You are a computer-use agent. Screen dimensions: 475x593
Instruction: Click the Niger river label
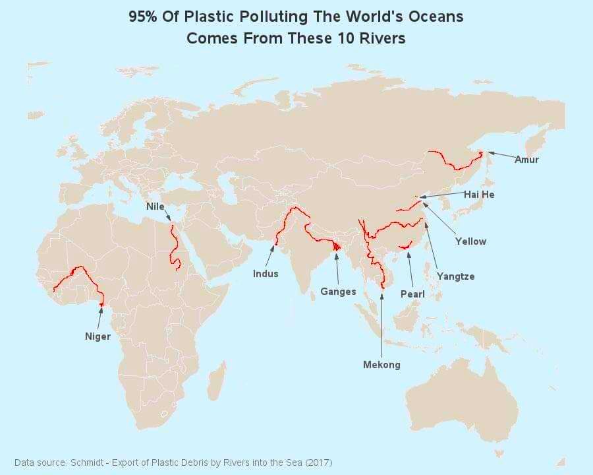tap(98, 336)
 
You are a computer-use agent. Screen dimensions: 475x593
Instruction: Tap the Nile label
tap(155, 206)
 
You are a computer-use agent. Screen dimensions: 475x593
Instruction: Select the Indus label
tap(266, 273)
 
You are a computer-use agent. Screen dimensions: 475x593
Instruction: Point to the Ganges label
tap(338, 291)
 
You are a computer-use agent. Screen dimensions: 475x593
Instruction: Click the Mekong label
tap(381, 364)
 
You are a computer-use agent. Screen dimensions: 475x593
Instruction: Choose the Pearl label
tap(412, 294)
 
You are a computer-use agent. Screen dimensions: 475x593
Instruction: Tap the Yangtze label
tap(455, 276)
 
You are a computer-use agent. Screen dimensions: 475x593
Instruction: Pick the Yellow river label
tap(470, 241)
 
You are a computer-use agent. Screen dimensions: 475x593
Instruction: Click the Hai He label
tap(478, 195)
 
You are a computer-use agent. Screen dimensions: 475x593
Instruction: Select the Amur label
tap(526, 160)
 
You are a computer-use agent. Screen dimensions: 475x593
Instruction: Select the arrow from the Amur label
tap(500, 156)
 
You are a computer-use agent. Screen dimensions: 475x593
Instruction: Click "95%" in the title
tap(143, 17)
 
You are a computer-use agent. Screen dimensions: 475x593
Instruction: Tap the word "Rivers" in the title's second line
tap(380, 38)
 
